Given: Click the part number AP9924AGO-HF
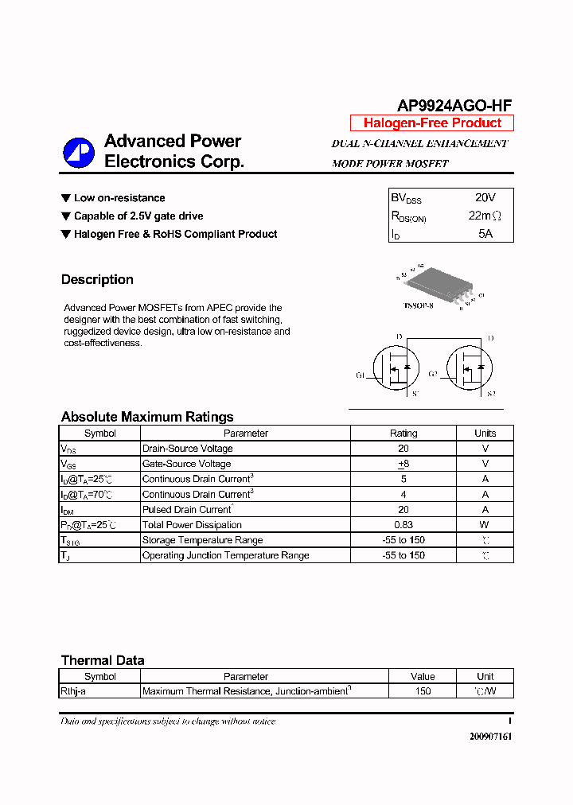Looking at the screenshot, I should pyautogui.click(x=454, y=106).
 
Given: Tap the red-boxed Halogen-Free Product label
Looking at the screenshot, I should pyautogui.click(x=432, y=122).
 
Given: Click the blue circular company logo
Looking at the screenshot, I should pyautogui.click(x=79, y=152).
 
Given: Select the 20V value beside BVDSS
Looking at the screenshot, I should pyautogui.click(x=485, y=197).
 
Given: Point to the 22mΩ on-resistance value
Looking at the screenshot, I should pyautogui.click(x=485, y=216).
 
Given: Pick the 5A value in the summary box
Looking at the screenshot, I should pyautogui.click(x=485, y=234).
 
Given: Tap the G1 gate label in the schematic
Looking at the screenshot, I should pyautogui.click(x=361, y=375).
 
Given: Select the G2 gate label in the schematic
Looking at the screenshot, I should pyautogui.click(x=433, y=374).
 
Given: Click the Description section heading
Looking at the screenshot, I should pyautogui.click(x=97, y=279).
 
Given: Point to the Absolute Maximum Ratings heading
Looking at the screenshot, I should pyautogui.click(x=147, y=417).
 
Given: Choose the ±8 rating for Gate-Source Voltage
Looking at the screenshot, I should pyautogui.click(x=403, y=464).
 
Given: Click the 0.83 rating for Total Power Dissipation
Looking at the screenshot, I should pyautogui.click(x=403, y=525).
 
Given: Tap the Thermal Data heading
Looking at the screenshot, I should pyautogui.click(x=103, y=660).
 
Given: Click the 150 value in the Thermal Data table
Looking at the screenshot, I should pyautogui.click(x=423, y=691).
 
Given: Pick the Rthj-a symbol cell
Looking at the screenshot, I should pyautogui.click(x=74, y=691).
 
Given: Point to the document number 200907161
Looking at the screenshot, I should pyautogui.click(x=491, y=737).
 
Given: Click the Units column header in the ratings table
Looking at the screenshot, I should pyautogui.click(x=485, y=434).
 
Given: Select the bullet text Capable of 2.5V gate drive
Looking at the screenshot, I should pyautogui.click(x=138, y=216).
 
